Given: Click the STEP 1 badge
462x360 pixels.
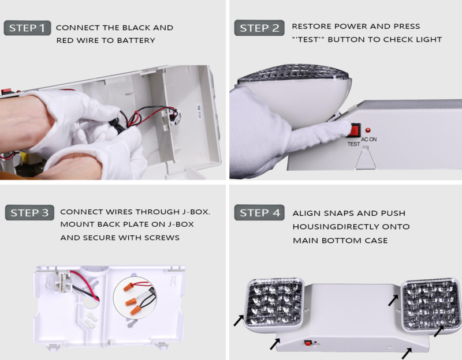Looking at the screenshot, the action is (27, 28).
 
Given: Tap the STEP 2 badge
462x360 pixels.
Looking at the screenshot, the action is (259, 28).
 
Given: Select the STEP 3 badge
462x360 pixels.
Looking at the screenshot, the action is (29, 212).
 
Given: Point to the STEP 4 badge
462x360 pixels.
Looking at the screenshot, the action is (259, 212).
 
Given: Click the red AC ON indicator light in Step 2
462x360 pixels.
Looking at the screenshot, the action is (368, 130).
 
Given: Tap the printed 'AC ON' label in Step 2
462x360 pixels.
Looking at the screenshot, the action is (369, 139).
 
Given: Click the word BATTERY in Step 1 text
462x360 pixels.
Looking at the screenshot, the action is (136, 40).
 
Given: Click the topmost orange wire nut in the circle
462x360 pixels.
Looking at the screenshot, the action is (128, 286).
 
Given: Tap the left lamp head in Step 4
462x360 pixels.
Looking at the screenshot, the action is (274, 305).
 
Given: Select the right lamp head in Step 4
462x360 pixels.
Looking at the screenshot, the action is (430, 306).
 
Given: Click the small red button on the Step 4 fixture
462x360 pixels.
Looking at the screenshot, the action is (308, 343).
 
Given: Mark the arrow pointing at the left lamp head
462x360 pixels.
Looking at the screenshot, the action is (239, 321).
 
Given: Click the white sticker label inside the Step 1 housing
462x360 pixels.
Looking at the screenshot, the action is (199, 111).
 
